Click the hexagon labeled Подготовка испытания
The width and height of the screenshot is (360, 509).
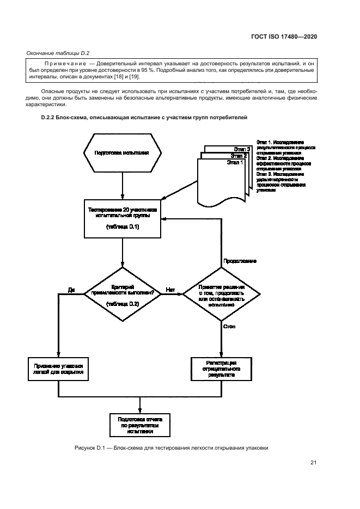point(122,153)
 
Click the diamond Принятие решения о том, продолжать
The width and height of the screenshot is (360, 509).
point(221,295)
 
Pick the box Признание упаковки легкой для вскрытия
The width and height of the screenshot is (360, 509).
point(58,369)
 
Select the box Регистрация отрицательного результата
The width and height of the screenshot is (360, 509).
point(221,369)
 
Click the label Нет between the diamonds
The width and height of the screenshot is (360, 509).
point(170,290)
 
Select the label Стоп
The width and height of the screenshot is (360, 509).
point(229,326)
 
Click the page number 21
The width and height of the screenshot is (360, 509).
point(313,463)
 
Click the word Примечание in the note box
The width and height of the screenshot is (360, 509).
point(58,64)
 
